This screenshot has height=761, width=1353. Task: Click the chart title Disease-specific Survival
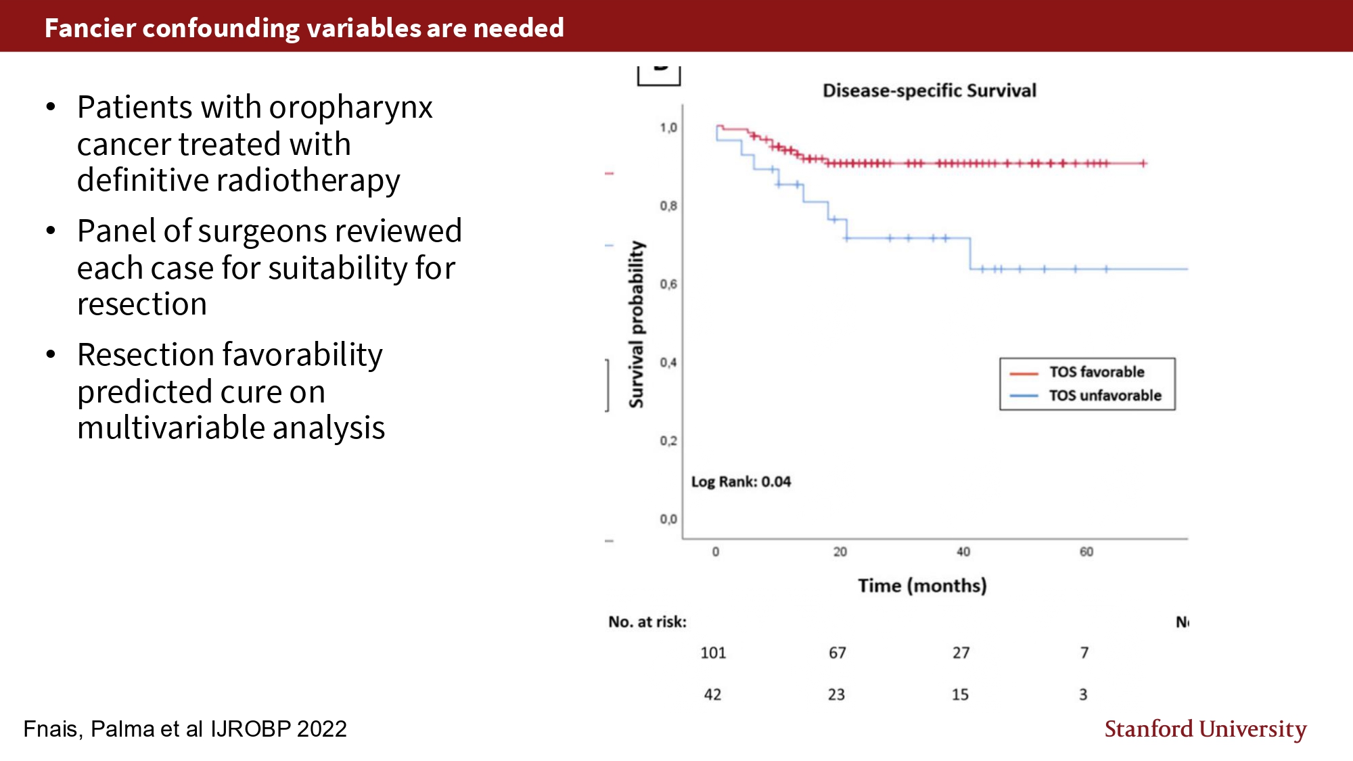[929, 91]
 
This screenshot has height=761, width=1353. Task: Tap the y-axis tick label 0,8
[668, 206]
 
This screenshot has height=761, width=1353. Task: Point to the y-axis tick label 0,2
[668, 441]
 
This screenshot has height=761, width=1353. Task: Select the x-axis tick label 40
[963, 552]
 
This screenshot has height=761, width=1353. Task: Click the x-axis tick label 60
[1086, 552]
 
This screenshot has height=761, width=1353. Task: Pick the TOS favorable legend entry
[1096, 372]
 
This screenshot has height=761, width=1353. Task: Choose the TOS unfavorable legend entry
[1105, 396]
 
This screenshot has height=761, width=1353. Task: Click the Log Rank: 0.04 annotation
[741, 482]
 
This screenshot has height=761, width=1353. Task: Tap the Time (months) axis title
[922, 585]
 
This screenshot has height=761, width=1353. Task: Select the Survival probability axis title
[636, 325]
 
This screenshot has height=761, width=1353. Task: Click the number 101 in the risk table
[713, 653]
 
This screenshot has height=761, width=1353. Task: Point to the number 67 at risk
[838, 653]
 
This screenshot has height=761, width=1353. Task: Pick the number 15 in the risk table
[960, 695]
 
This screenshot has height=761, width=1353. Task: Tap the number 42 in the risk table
[712, 695]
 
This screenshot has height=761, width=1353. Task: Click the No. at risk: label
[647, 622]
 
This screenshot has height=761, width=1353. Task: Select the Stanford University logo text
[1206, 729]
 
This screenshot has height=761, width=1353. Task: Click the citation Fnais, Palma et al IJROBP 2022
[185, 729]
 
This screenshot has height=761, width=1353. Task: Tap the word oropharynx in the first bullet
[351, 108]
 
